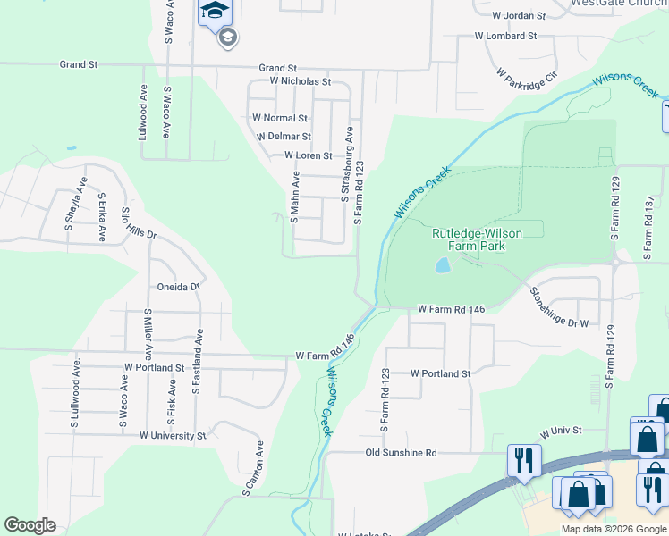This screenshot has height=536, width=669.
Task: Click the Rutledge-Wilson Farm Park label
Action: [477, 239]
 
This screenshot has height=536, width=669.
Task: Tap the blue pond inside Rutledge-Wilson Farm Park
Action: [443, 265]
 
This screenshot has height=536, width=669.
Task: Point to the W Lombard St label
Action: [505, 37]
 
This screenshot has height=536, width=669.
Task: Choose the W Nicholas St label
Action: [301, 81]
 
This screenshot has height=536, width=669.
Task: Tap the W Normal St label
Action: [280, 118]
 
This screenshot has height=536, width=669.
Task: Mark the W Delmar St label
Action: [284, 137]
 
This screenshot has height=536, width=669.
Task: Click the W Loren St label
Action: [309, 155]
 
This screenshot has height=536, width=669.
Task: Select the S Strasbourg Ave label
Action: [345, 163]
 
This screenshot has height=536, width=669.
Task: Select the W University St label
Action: [173, 436]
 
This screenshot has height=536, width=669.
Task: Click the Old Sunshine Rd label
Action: [401, 453]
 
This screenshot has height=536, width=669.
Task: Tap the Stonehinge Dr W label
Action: [559, 307]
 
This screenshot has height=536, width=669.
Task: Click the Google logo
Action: [30, 525]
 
